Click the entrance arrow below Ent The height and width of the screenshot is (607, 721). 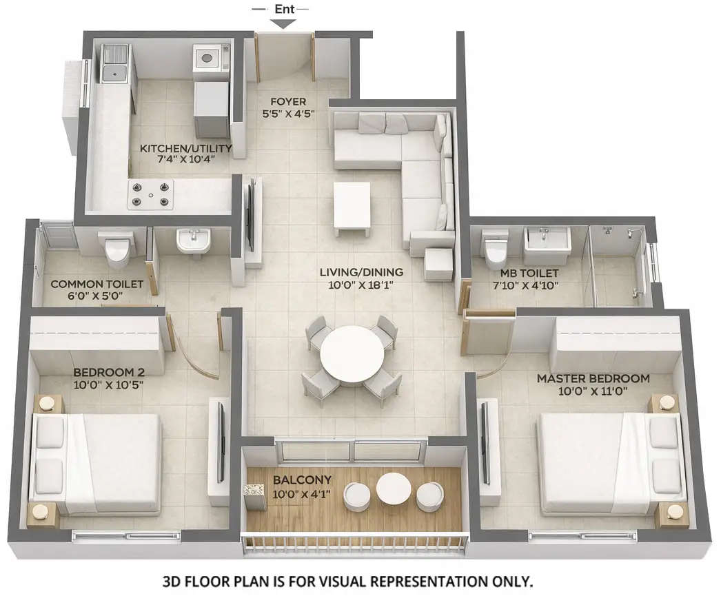click(283, 23)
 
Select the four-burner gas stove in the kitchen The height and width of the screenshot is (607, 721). click(150, 194)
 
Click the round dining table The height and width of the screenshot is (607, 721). click(352, 353)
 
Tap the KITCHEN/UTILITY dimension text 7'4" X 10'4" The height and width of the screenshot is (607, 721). click(186, 158)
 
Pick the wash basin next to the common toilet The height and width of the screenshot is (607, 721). click(192, 243)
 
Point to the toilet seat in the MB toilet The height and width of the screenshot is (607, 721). click(496, 250)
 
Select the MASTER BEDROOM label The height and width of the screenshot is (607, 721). click(593, 378)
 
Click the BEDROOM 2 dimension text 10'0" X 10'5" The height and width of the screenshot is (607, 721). click(108, 384)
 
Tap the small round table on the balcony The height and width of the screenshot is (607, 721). click(393, 488)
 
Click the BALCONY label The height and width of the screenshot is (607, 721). click(302, 479)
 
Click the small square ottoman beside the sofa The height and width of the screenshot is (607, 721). click(438, 265)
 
